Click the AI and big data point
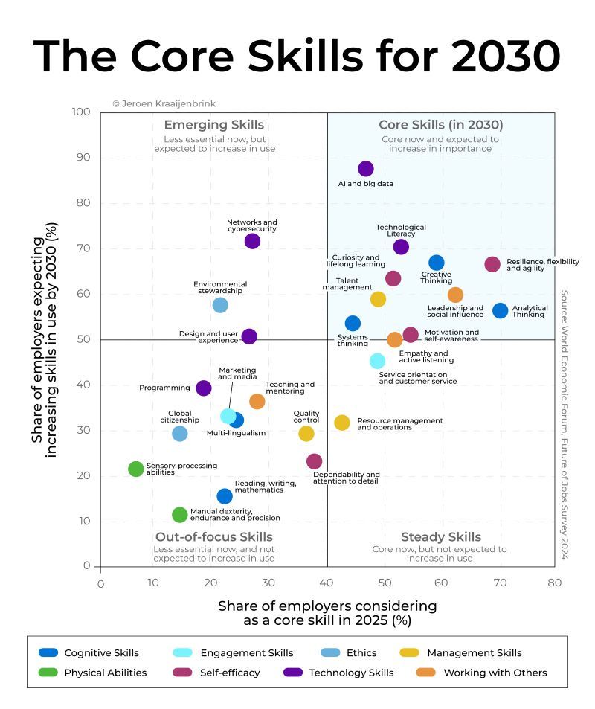pos(365,169)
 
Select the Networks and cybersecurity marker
pos(252,241)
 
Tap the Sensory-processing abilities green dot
pos(135,469)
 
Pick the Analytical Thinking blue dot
pos(501,310)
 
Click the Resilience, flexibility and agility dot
pos(492,264)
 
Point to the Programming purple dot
pos(204,388)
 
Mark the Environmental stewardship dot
pos(220,305)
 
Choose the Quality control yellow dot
pos(306,434)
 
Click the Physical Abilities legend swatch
pos(48,673)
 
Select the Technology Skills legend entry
pos(350,673)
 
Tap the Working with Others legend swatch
pos(425,673)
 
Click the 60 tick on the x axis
pos(440,583)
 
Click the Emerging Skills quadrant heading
pos(213,125)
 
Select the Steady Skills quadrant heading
pos(440,537)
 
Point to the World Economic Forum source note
pos(564,424)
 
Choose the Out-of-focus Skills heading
pos(213,537)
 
